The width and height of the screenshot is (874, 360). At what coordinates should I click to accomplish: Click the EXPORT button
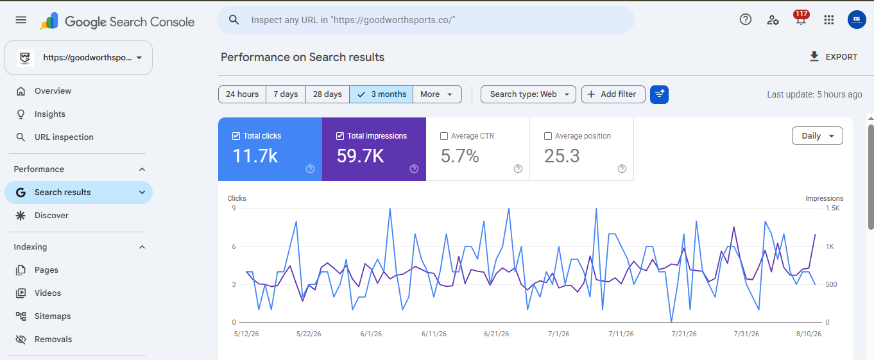tap(833, 57)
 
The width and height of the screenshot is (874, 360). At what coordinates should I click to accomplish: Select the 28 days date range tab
tap(327, 94)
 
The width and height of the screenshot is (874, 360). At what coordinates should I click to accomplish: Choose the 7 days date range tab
tap(286, 94)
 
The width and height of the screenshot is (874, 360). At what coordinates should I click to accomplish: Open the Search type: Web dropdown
tap(528, 94)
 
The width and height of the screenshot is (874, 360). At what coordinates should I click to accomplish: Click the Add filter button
tap(613, 94)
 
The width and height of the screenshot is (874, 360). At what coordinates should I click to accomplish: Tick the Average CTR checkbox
tap(443, 136)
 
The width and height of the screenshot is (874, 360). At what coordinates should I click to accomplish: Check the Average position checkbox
tap(548, 136)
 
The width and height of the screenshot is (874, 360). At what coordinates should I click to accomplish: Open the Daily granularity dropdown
tap(818, 136)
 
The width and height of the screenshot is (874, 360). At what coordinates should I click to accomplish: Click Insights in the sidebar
tap(49, 114)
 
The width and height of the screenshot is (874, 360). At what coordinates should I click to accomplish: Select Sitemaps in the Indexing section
tap(52, 316)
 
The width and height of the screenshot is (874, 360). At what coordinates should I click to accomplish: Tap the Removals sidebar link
tap(53, 339)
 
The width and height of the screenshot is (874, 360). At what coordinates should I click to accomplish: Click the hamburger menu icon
tap(21, 20)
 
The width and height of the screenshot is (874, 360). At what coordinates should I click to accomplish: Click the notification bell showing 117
tap(801, 19)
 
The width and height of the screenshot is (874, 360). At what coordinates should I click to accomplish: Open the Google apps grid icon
tap(828, 20)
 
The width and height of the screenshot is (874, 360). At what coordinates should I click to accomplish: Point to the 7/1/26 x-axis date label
tap(558, 334)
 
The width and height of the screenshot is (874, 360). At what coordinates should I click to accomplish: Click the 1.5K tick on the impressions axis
tap(832, 209)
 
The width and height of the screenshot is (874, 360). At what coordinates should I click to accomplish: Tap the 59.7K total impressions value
tap(360, 156)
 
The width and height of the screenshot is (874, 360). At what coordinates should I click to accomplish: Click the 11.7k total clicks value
tap(255, 156)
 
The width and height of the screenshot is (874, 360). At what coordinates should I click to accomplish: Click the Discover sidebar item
tap(51, 216)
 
